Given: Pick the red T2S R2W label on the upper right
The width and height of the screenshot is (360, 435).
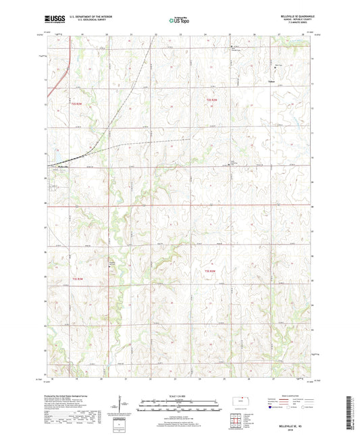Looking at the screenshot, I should pos(211,100).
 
